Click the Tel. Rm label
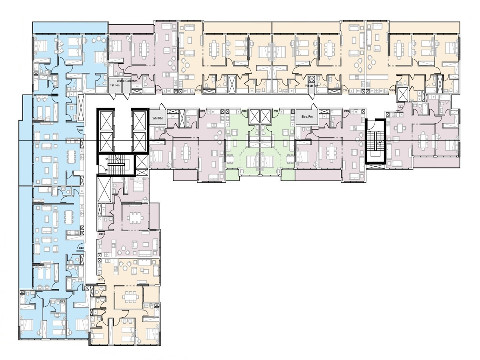pos(114,85)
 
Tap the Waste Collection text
pos(127,81)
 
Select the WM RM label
pos(157,118)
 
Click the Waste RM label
pos(312,86)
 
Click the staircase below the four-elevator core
pos(118,164)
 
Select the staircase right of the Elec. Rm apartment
pos(376,142)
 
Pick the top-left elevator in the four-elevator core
pos(106,120)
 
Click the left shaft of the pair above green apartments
pos(254,116)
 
